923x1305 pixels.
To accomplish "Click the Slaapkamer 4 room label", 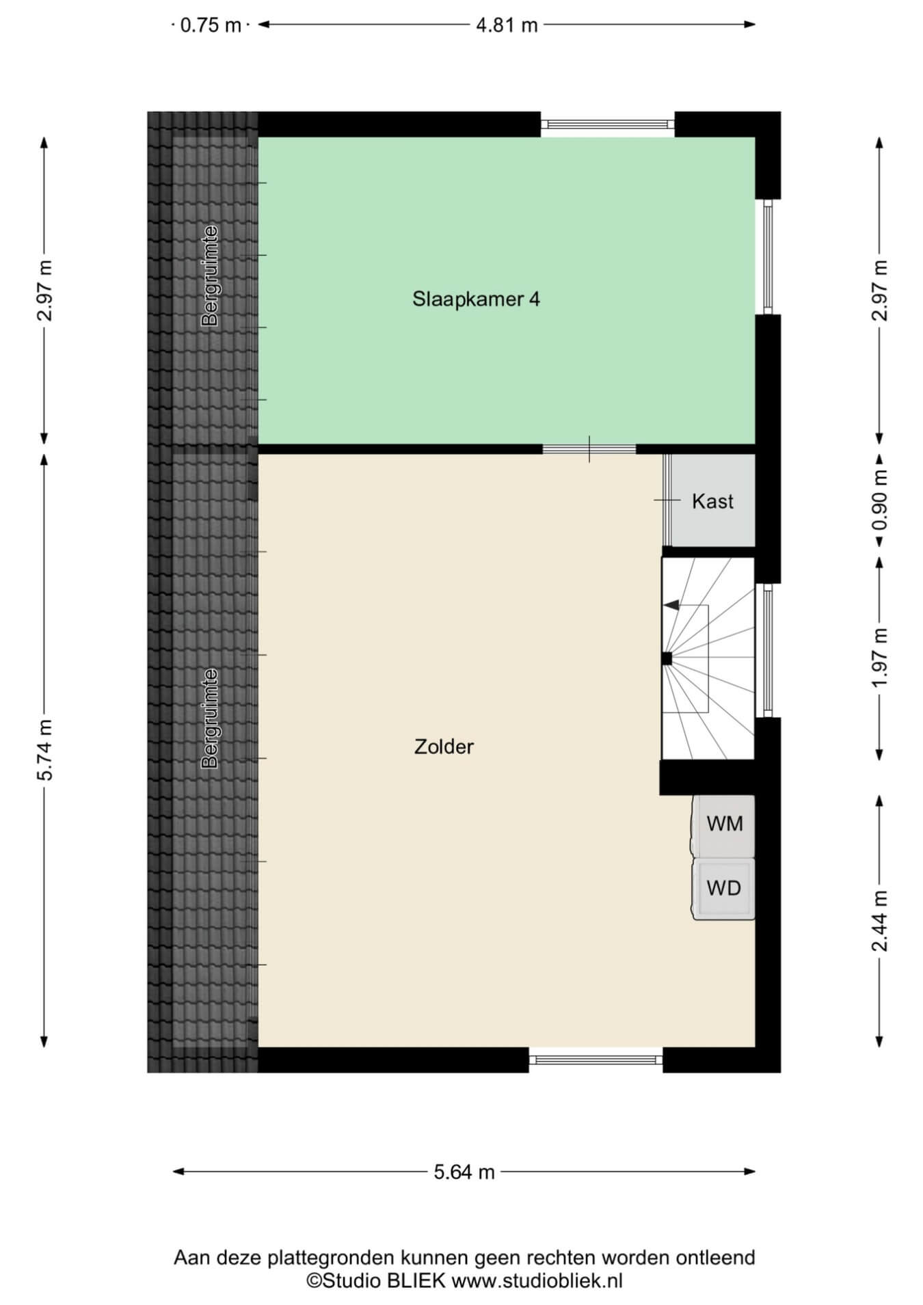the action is coord(476,299).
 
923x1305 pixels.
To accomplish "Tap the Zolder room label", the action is coord(444,746).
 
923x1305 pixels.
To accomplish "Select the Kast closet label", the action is coord(712,501).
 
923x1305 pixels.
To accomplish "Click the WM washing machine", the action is coord(724,825).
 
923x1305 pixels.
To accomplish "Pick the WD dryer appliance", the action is coord(724,889).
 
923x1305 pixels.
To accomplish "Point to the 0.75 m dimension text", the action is coord(211,25).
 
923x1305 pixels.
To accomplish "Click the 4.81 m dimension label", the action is coord(507,25).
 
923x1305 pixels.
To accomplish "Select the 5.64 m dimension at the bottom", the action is coord(464,1172).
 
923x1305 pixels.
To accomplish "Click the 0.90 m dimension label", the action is coord(880,500).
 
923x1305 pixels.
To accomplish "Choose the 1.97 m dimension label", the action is coord(880,657).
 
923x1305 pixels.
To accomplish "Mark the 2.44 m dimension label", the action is coord(880,921).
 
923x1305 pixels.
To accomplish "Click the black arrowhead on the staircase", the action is coord(671,605).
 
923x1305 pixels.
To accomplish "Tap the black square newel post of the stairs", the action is coord(667,659).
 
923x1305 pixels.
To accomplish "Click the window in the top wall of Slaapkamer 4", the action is coord(608,124).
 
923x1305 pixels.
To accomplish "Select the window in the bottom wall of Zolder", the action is coord(596,1060).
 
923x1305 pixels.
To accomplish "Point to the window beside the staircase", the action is coord(768,650).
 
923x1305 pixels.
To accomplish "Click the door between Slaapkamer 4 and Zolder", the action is coord(589,449).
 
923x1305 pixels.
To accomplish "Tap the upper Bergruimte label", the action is coord(210,275).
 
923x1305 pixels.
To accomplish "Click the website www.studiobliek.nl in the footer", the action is coord(537,1280).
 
